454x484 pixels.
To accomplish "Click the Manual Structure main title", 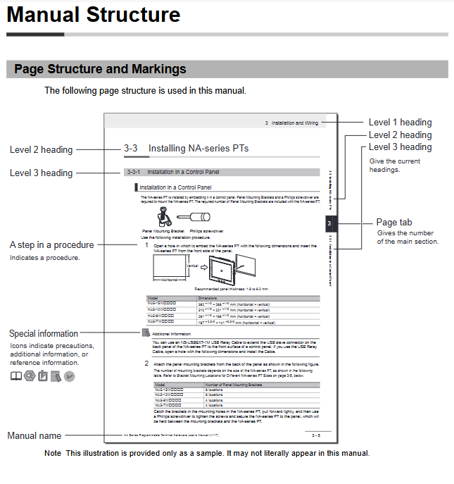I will point(94,15).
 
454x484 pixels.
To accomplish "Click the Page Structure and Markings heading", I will point(100,69).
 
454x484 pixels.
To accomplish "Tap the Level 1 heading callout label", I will point(400,123).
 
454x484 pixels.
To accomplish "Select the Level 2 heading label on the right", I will point(400,135).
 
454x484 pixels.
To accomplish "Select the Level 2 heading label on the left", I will point(41,149).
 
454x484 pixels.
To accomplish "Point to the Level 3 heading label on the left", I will point(41,173).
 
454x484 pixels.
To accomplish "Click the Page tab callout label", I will point(394,223).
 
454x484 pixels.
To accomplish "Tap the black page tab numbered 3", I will point(329,224).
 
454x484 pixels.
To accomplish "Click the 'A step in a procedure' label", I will point(51,245).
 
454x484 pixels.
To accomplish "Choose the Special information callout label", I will point(44,333).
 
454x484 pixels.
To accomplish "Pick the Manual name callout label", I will point(34,436).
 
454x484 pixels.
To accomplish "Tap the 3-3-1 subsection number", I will point(132,172).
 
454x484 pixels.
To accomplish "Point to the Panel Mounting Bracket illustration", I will point(159,215).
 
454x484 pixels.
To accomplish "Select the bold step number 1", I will point(146,245).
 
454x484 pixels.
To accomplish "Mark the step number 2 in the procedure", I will point(146,363).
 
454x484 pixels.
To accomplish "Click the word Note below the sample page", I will point(52,453).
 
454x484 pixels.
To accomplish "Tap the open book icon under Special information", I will point(15,376).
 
